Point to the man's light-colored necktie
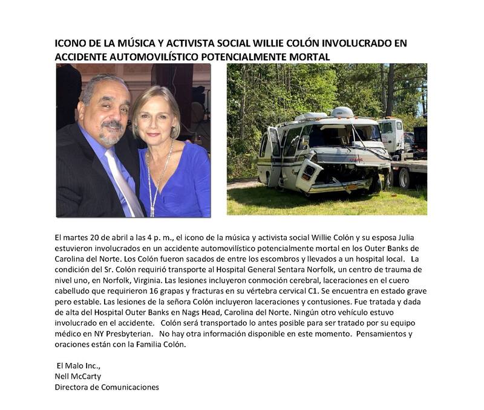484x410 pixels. point(123,181)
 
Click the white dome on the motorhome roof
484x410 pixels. point(343,112)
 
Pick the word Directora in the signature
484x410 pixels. point(71,387)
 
